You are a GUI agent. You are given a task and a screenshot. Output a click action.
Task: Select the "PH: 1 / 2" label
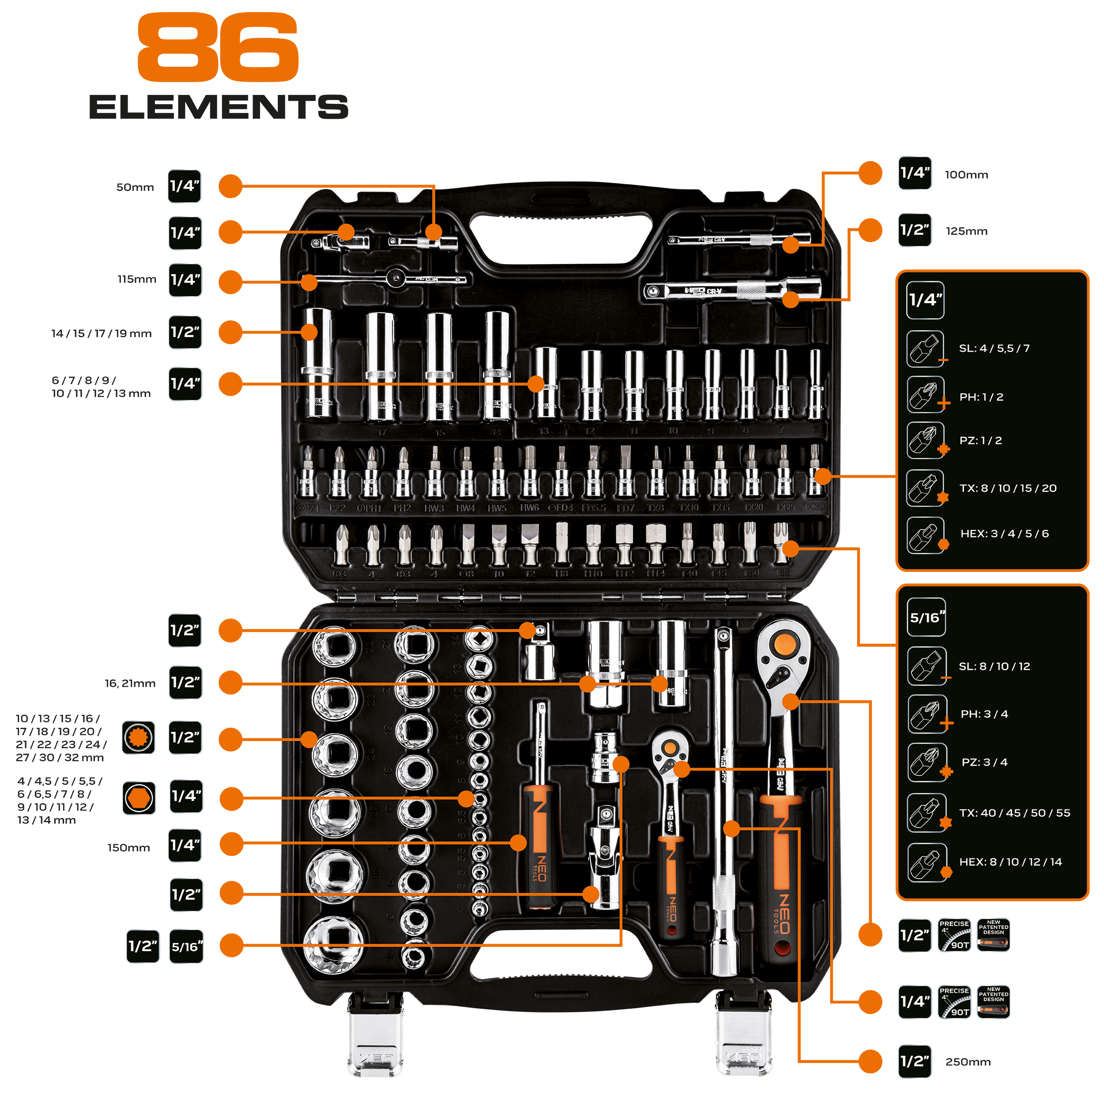click(981, 397)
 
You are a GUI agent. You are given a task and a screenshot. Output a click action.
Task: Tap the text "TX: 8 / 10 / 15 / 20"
click(1007, 488)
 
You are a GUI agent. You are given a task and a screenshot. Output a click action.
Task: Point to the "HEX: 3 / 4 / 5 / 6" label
click(1004, 534)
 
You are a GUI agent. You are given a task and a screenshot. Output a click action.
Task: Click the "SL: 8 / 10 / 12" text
click(994, 666)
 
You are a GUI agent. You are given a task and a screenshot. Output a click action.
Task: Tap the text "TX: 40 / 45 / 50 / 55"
click(1014, 813)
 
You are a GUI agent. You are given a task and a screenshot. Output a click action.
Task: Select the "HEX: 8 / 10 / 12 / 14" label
click(1010, 862)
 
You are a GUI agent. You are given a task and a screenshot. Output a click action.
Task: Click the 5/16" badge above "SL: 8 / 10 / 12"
click(927, 618)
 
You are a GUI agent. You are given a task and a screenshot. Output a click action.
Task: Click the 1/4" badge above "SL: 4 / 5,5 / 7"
click(926, 300)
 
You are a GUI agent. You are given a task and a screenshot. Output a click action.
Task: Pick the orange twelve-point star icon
click(138, 737)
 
